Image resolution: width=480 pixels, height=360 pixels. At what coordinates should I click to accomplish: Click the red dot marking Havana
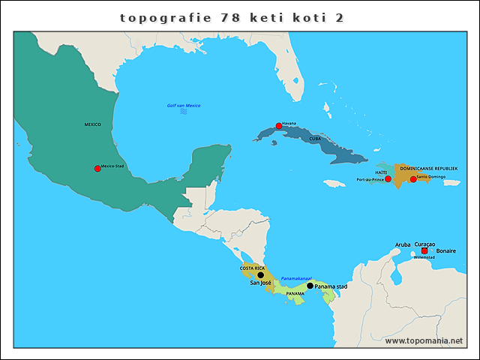pos(278,126)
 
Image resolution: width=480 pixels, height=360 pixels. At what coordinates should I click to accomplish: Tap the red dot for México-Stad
pos(97,169)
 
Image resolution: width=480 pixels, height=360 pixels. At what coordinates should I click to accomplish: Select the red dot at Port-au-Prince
pos(388,179)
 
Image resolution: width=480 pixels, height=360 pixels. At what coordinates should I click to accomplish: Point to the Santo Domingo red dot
pos(412,179)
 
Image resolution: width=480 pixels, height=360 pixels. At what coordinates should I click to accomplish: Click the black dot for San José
pos(261,275)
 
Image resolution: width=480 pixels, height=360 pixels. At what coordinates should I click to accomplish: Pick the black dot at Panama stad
pos(310,286)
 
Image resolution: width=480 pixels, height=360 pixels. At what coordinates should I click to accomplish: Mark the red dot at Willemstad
pos(424,251)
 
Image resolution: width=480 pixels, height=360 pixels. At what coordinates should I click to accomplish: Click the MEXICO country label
pos(92,124)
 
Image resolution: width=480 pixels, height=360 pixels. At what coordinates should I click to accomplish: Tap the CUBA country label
pos(316,139)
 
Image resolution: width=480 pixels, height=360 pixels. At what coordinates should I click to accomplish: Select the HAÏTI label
pos(381,172)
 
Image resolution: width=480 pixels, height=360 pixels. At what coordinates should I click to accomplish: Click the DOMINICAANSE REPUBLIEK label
pos(428,169)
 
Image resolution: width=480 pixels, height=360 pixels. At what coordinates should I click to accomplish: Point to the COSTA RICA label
pos(252,268)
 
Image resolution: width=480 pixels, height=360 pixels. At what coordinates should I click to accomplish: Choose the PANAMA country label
pos(295,294)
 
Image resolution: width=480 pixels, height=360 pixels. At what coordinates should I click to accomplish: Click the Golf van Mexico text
pos(184,106)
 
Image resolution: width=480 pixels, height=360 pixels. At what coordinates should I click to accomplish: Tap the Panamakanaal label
pos(296,278)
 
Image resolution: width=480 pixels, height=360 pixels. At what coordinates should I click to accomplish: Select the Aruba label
pos(403,244)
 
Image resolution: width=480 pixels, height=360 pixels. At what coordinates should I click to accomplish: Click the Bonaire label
pos(446,251)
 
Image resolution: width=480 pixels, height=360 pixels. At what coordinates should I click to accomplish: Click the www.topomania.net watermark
pos(424,340)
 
